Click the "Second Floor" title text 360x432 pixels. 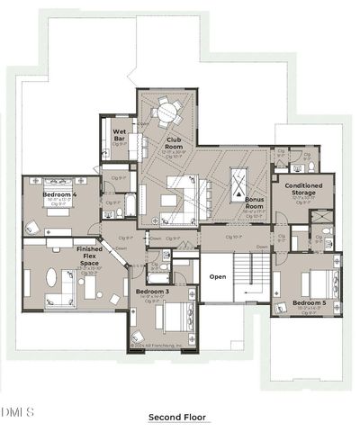click(x=177, y=418)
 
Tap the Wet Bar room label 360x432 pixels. click(x=119, y=136)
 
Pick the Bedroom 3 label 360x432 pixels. click(x=153, y=292)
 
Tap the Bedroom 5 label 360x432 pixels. click(x=309, y=302)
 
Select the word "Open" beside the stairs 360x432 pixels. click(x=218, y=276)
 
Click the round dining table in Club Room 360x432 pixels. click(x=167, y=113)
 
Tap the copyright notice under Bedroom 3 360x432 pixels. click(x=156, y=345)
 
